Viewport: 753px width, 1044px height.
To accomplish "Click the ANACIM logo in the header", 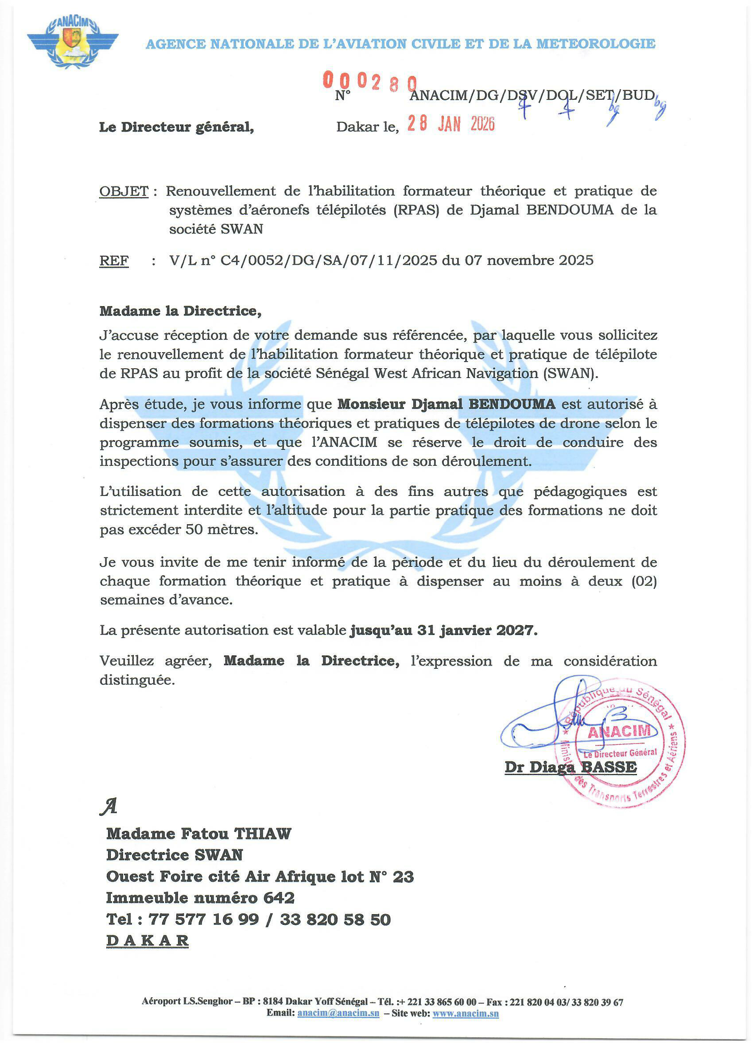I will click(x=73, y=43).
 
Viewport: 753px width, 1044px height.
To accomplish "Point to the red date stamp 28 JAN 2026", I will click(x=451, y=123).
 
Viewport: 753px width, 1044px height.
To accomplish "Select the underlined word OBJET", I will click(x=124, y=191).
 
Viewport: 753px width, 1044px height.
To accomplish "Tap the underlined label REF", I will click(x=114, y=261).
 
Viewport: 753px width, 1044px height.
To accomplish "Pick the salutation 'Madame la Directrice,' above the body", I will click(x=180, y=311).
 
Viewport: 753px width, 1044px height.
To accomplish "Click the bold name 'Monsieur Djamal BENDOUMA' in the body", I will click(x=446, y=404).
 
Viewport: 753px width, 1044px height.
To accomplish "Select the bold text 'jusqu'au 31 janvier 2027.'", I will click(x=443, y=630).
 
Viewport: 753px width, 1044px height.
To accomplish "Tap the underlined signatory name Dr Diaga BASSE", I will click(x=571, y=767).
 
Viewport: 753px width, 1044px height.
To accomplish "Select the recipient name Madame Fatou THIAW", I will click(x=199, y=834).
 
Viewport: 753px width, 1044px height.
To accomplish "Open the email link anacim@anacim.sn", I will click(x=338, y=1013).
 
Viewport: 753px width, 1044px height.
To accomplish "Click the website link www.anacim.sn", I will click(x=466, y=1013).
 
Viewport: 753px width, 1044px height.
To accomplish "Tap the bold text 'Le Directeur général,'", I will click(x=177, y=127).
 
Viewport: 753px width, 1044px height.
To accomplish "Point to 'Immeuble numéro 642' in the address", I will click(x=200, y=898).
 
